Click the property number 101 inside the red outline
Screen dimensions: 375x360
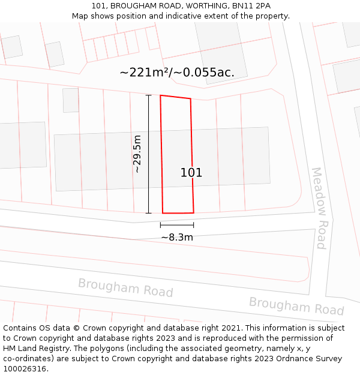[x=191, y=173]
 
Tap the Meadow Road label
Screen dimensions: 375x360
[x=319, y=208]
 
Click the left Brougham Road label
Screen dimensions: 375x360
[x=125, y=287]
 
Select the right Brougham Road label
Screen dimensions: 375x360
[x=296, y=306]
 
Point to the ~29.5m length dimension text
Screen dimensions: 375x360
[x=137, y=154]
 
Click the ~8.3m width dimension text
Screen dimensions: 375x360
[x=177, y=237]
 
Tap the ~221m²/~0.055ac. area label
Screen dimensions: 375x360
[x=177, y=73]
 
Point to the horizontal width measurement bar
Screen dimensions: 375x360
[x=177, y=225]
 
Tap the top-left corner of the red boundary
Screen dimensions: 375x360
[x=160, y=95]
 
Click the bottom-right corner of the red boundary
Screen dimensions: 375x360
[x=193, y=212]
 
